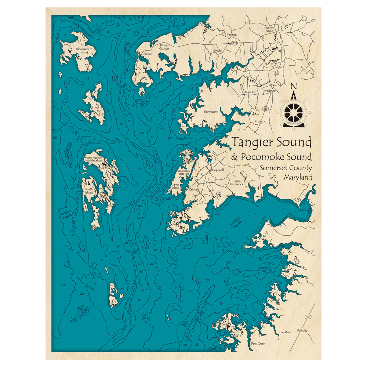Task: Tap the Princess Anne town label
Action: tap(269, 29)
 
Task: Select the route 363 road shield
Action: tap(234, 43)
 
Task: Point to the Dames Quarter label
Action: tap(164, 46)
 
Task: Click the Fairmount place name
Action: tap(211, 112)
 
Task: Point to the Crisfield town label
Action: tap(194, 189)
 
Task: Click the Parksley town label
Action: tap(303, 330)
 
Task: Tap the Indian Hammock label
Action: tap(237, 183)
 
